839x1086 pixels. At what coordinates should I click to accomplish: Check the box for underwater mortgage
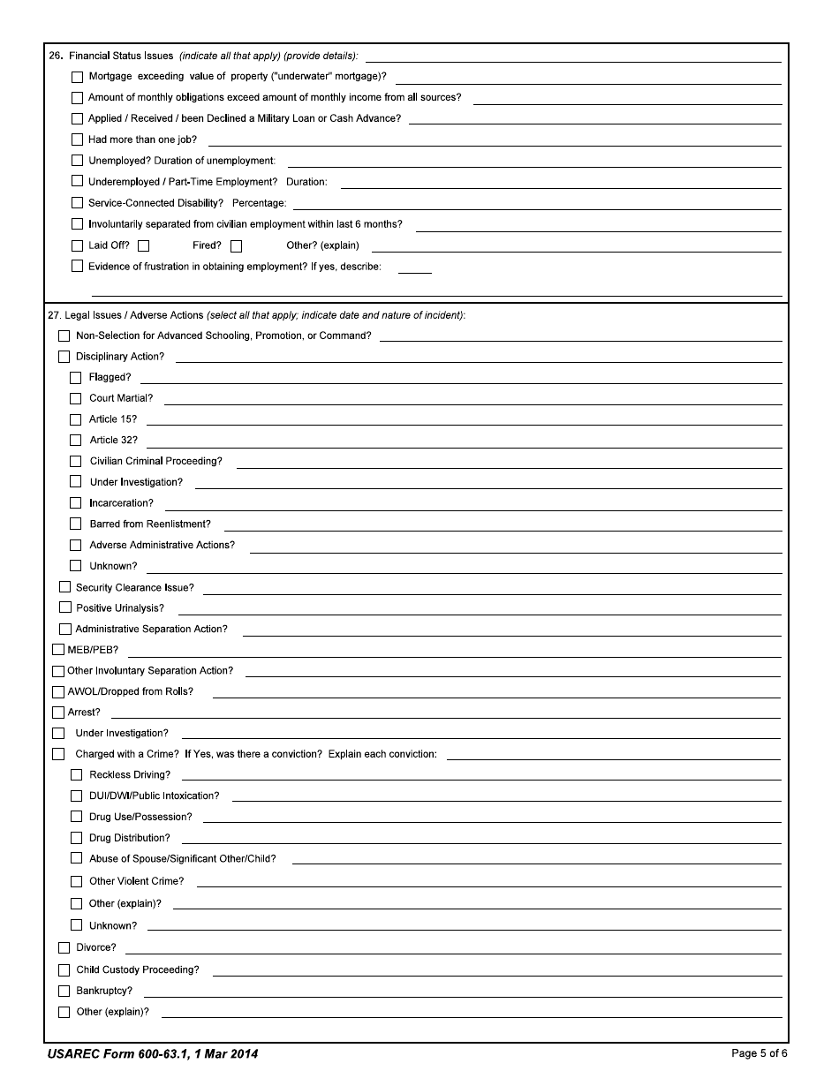(x=77, y=77)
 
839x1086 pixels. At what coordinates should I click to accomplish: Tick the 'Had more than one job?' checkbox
(x=77, y=140)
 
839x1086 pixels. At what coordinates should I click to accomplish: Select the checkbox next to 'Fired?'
(x=236, y=246)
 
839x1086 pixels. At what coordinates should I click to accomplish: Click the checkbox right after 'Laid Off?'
(x=144, y=246)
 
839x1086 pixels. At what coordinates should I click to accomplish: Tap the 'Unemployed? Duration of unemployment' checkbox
(x=77, y=161)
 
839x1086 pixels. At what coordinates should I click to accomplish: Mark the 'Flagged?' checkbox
(x=76, y=378)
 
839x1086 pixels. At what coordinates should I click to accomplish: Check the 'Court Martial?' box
(x=76, y=398)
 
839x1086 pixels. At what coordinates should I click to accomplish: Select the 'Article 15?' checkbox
(x=76, y=419)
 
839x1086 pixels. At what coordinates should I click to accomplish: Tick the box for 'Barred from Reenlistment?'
(x=76, y=524)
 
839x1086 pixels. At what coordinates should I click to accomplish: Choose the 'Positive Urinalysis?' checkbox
(x=64, y=608)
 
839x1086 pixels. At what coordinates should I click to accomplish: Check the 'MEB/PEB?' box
(x=58, y=651)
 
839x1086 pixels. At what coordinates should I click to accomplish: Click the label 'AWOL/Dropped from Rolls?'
(x=130, y=691)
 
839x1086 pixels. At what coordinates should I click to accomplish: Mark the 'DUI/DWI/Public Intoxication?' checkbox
(x=76, y=796)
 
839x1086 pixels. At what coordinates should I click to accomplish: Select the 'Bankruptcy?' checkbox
(x=64, y=991)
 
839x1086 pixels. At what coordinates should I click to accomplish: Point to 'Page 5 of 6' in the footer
(x=759, y=1053)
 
